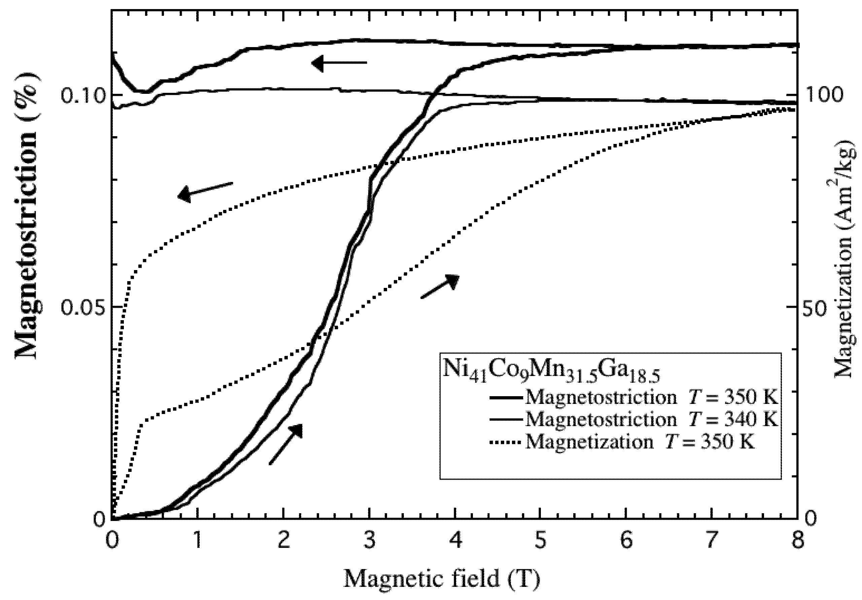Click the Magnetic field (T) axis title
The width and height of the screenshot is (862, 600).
[442, 579]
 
